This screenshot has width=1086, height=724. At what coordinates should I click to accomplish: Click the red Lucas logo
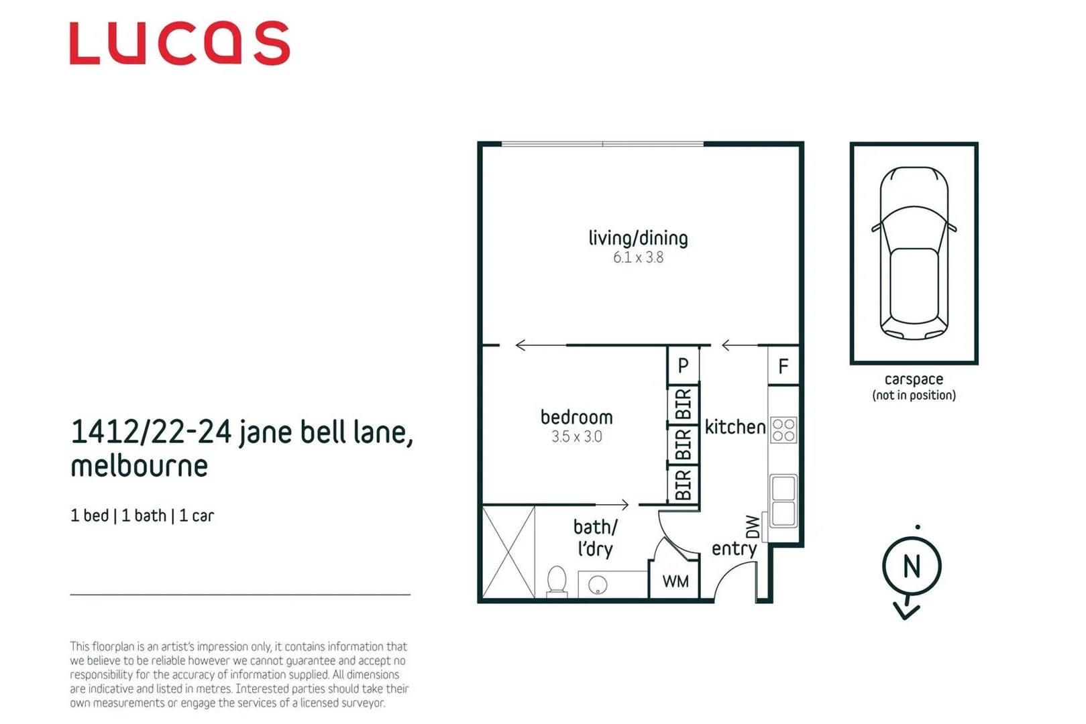coord(179,44)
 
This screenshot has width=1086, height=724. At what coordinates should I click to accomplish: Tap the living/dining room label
coord(638,239)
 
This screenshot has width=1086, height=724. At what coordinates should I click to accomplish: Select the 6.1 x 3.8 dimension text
coord(638,257)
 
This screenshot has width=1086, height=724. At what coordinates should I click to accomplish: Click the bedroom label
coord(576,417)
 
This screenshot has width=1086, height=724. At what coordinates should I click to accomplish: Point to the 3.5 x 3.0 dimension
coord(576,436)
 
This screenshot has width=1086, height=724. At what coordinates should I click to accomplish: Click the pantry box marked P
coord(683,365)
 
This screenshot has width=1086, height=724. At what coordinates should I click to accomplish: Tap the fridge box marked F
coord(783,367)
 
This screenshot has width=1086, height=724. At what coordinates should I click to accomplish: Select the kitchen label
coord(735,427)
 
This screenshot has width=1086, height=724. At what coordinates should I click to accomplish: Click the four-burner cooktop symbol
coord(783,430)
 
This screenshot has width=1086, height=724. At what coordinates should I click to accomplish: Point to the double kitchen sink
coord(783,501)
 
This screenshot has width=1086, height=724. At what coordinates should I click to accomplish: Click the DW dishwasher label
coord(753,527)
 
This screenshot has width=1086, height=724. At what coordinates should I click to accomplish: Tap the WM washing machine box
coord(675,581)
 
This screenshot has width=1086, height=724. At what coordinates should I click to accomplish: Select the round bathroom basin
coord(597,585)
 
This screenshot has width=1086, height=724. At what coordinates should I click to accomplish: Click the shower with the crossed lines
coord(508,552)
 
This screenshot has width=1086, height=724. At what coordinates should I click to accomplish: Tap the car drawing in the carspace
coord(914,253)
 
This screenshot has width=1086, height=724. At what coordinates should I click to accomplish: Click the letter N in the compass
coord(911,567)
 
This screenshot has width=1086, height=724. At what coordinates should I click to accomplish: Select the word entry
coord(734,549)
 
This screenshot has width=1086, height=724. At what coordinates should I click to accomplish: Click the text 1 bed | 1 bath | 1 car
coord(142,516)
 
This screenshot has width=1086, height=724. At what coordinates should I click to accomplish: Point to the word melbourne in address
coord(140,466)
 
